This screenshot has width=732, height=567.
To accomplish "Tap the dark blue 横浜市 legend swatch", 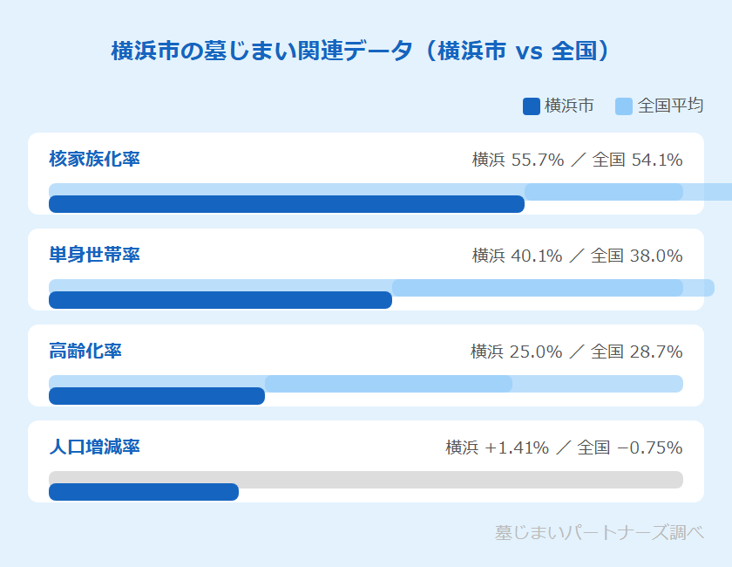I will [x=531, y=106].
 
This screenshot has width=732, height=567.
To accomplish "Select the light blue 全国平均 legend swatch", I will [x=624, y=106].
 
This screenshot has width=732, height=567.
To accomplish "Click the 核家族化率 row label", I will [x=94, y=160].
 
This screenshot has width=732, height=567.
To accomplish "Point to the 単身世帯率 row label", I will [x=94, y=256].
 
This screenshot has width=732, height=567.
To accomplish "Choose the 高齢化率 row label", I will [x=85, y=352].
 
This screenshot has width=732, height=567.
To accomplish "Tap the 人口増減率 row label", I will [x=94, y=447].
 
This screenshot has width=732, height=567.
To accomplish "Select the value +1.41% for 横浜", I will [x=518, y=448].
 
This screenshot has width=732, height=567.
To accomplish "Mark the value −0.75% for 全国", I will [x=649, y=448].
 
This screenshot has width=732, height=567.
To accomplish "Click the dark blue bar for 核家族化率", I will [x=286, y=204].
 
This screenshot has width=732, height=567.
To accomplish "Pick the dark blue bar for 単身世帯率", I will [x=220, y=300].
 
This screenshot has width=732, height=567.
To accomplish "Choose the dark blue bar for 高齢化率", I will [x=157, y=396].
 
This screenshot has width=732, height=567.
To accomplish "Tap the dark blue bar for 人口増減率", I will [x=144, y=492].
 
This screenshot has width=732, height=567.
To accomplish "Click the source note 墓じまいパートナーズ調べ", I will [x=599, y=532].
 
